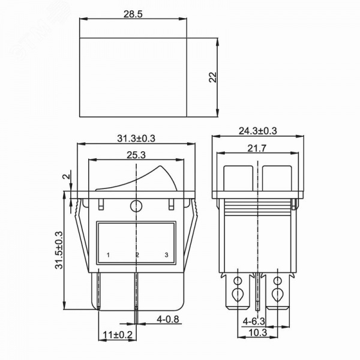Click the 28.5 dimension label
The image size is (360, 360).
133,14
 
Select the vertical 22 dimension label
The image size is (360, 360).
213,77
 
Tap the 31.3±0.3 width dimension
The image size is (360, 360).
136,139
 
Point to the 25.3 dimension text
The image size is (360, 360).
136,155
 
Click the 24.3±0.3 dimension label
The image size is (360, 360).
258,131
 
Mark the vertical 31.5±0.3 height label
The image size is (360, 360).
59,250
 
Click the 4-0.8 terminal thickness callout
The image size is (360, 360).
167,319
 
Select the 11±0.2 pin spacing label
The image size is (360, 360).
118,335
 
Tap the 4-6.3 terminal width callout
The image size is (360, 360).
254,321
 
